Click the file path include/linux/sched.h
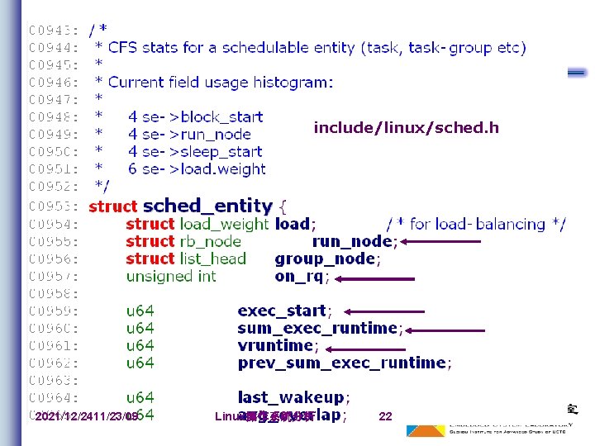pos(406,128)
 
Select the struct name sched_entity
pos(207,206)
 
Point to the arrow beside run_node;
pos(446,241)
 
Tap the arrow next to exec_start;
pos(383,311)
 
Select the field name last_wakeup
pos(291,397)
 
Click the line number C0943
pos(54,31)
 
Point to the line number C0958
pos(54,293)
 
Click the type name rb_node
pos(210,241)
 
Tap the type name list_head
pos(212,259)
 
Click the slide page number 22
pos(385,416)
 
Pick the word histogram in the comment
pos(288,82)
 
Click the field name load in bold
pos(293,224)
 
